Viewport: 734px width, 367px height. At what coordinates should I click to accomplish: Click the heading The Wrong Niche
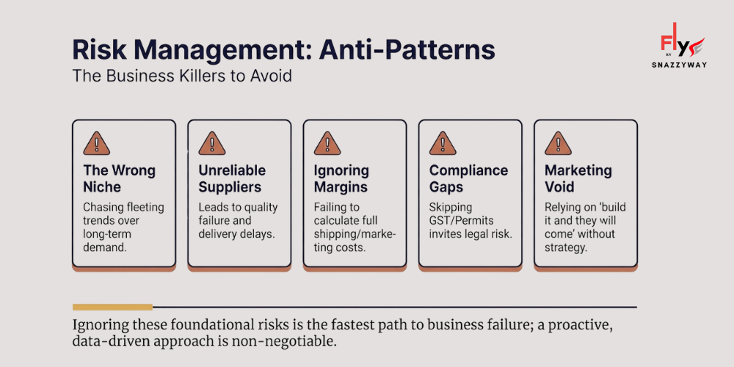[119, 178]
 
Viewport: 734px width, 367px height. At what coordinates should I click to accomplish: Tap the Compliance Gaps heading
[468, 178]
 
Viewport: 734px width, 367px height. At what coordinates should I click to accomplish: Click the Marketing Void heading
[578, 178]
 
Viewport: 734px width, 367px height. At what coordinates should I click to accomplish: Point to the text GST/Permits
[460, 220]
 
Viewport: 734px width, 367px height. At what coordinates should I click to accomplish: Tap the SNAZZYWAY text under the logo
[679, 64]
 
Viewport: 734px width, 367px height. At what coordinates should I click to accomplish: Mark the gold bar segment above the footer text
[112, 307]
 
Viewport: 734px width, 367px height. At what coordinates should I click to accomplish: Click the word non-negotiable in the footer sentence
[294, 342]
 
